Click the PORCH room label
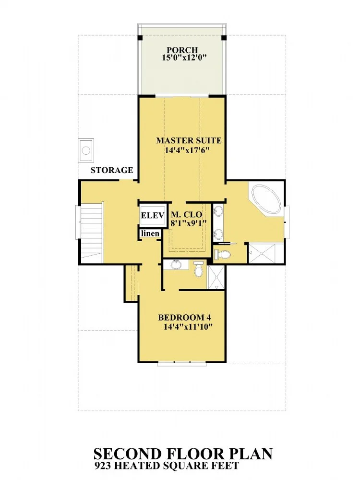tap(182, 49)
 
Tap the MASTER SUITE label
tap(189, 140)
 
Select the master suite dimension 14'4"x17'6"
tap(189, 150)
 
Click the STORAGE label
tap(112, 170)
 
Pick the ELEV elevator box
tap(153, 215)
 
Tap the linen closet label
tap(150, 234)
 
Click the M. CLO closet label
tap(187, 215)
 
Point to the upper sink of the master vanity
tap(218, 210)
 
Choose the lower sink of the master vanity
tap(218, 234)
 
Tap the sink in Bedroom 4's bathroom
tap(176, 264)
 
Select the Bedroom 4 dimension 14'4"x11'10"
tap(188, 327)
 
